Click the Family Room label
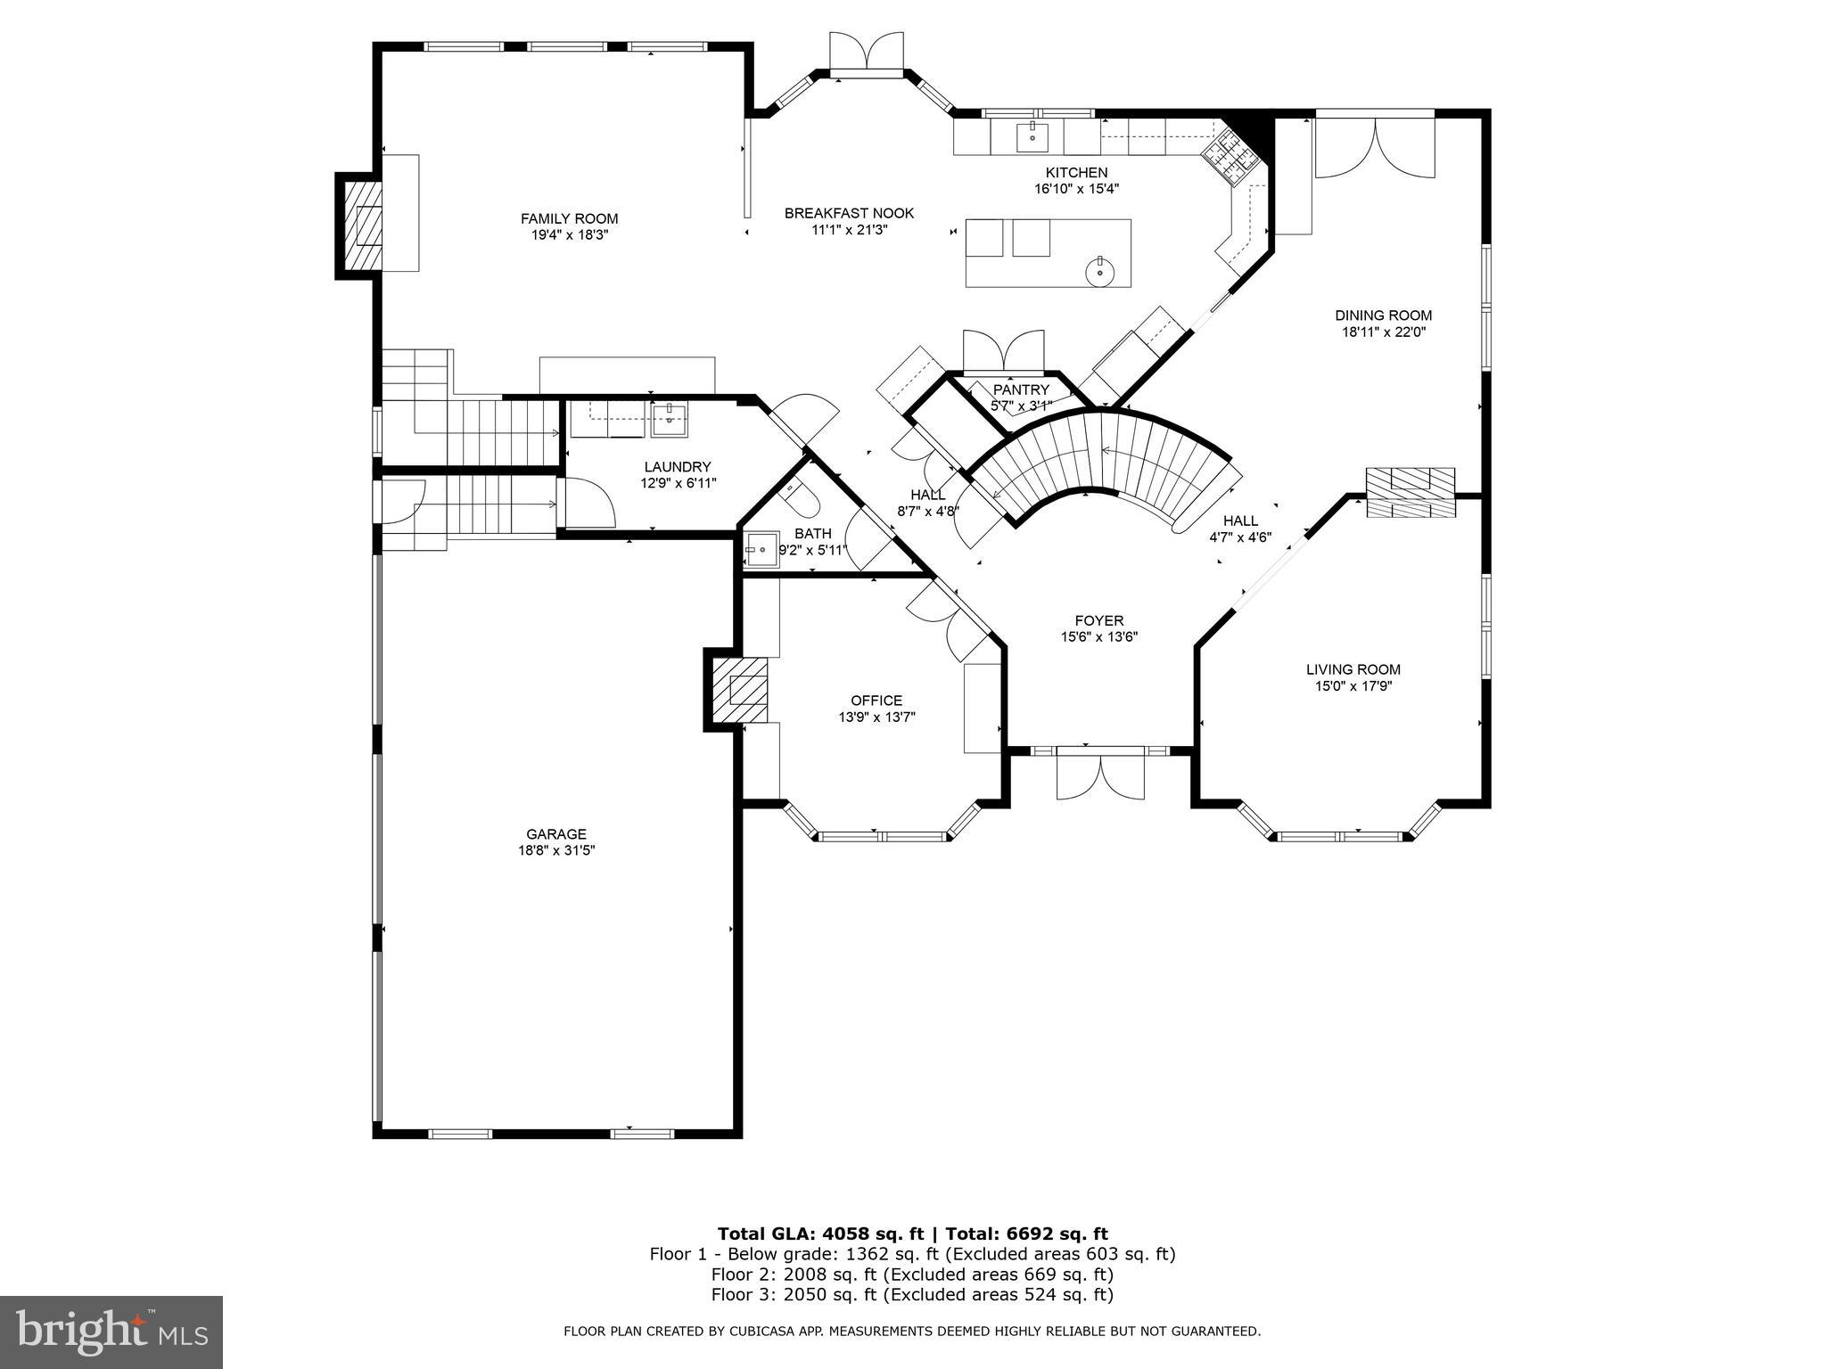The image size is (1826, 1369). click(569, 218)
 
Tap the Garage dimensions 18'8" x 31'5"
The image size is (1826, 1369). click(555, 850)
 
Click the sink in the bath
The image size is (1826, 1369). click(761, 550)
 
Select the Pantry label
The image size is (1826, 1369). click(1021, 389)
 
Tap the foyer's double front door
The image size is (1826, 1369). click(1100, 775)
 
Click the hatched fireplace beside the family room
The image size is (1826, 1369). click(358, 225)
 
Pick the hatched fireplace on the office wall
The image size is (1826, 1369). click(739, 690)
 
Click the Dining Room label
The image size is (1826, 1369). click(1383, 316)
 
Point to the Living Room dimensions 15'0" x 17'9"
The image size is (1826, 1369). click(1353, 686)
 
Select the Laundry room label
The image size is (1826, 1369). click(678, 467)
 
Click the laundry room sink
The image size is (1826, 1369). click(669, 418)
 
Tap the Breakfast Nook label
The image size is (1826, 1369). click(849, 213)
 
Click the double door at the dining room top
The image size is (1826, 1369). click(1375, 147)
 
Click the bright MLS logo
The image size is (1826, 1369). click(111, 1332)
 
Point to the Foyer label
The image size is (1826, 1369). click(1098, 620)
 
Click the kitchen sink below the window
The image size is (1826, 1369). click(1032, 136)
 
